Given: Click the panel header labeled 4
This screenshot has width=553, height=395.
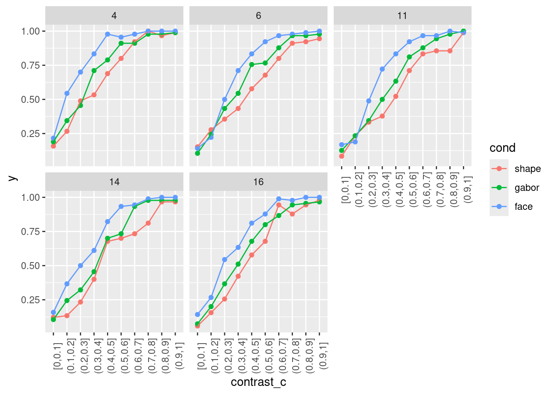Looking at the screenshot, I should pos(114,16).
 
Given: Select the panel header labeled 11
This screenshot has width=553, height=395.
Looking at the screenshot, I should pos(402,16).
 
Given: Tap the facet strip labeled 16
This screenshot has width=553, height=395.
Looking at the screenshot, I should pos(258,182).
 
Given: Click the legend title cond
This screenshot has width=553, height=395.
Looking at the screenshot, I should pos(502,148).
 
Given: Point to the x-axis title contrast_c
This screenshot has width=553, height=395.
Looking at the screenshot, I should pos(258,382).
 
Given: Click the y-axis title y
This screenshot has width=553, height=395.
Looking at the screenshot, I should pos(12,178).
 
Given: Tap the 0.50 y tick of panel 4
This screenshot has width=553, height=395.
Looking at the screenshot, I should pos(30,100).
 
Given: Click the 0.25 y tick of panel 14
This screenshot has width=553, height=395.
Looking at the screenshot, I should pos(30,300).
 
